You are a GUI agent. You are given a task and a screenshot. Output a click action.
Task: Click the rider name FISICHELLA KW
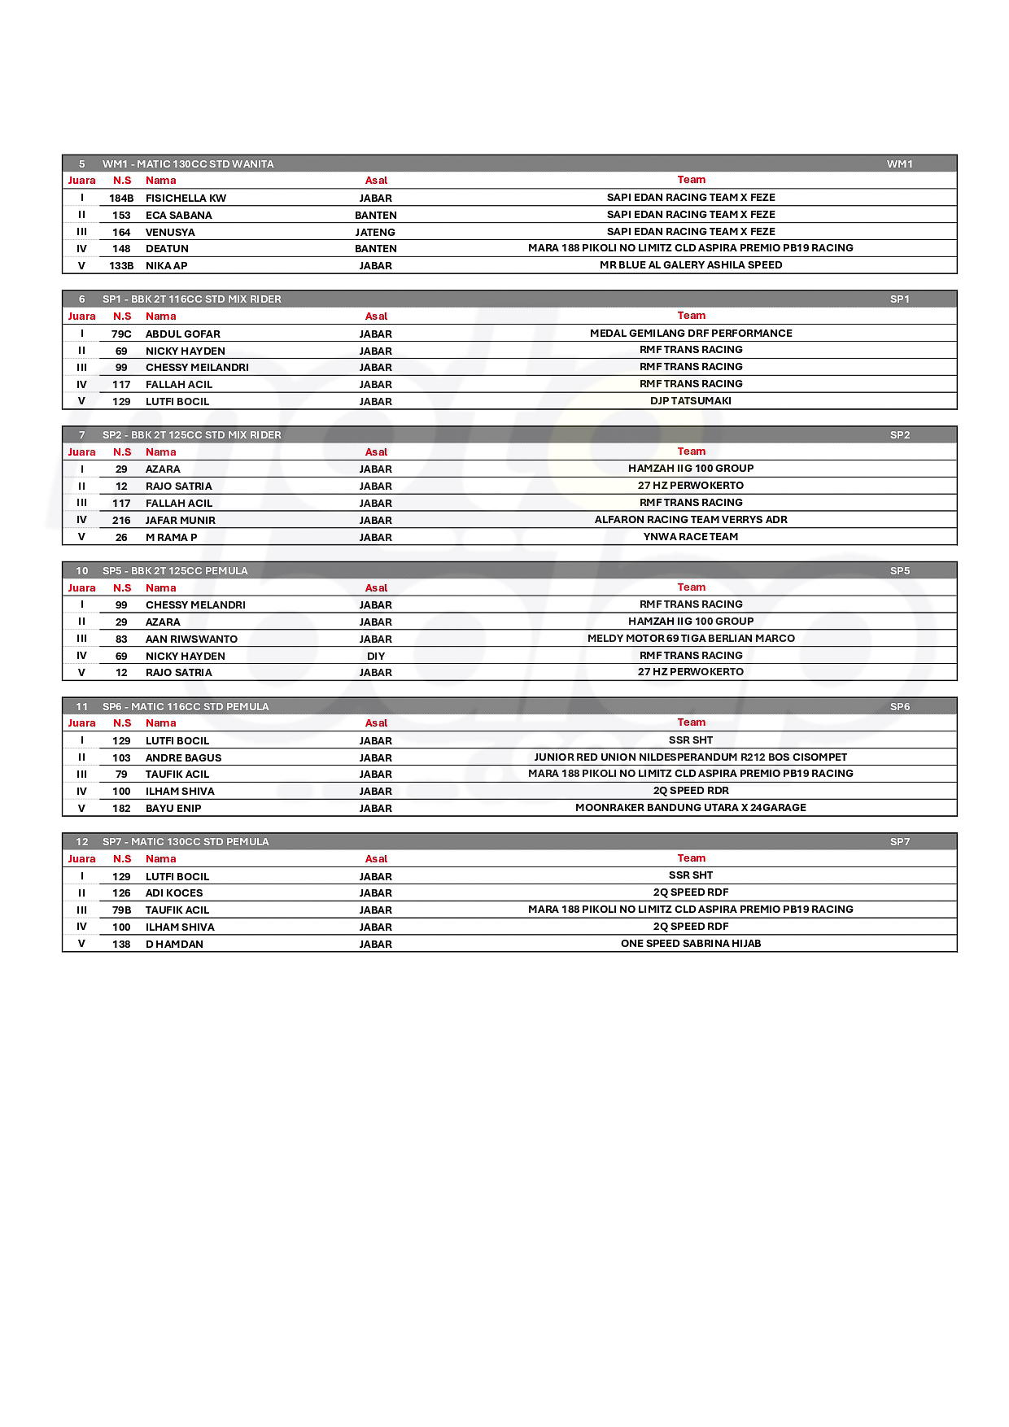click(x=186, y=198)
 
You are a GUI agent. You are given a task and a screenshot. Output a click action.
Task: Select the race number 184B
click(x=121, y=198)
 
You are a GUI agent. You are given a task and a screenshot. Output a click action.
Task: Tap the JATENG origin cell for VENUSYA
click(x=375, y=232)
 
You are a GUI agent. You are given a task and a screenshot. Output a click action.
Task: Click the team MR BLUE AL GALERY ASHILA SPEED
click(x=691, y=265)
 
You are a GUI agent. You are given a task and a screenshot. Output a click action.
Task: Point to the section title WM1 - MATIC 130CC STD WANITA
click(x=188, y=164)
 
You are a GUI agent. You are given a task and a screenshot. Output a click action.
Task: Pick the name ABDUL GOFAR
click(x=182, y=334)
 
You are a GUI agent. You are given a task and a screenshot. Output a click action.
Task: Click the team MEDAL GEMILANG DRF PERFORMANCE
click(x=691, y=334)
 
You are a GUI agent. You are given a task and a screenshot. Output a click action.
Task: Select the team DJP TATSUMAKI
click(x=691, y=401)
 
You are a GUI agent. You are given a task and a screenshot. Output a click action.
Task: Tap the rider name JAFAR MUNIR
click(x=180, y=520)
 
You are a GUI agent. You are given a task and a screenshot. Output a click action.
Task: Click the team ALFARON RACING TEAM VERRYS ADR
click(x=691, y=520)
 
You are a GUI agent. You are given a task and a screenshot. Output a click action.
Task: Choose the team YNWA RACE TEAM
click(x=691, y=537)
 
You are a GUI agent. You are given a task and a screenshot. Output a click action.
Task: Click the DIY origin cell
click(x=376, y=656)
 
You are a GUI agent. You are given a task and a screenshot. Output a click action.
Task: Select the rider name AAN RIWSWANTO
click(x=191, y=639)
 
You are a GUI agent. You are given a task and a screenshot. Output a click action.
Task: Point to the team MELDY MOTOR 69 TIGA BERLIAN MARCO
click(x=691, y=639)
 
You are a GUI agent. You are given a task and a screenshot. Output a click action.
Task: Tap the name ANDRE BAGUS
click(x=183, y=757)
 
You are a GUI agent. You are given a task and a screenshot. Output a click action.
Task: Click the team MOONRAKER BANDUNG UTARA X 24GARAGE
click(x=691, y=808)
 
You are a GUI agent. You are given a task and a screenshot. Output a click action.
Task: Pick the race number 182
click(x=121, y=808)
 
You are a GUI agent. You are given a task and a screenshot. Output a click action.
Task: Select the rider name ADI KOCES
click(x=174, y=892)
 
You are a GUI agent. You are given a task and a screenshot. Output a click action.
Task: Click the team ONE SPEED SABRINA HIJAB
click(x=691, y=944)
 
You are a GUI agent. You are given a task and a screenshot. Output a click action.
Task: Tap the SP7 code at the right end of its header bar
click(x=899, y=842)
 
